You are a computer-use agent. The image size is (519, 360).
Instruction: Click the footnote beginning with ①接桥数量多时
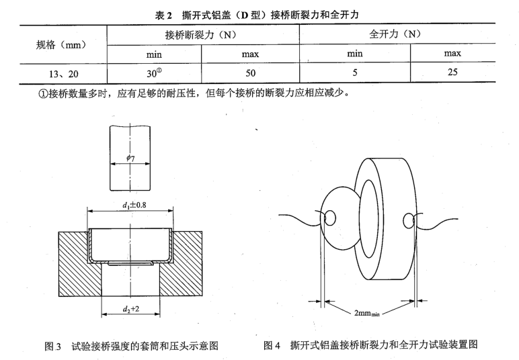tap(194, 93)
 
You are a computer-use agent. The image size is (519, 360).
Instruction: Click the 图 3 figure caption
tap(131, 346)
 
